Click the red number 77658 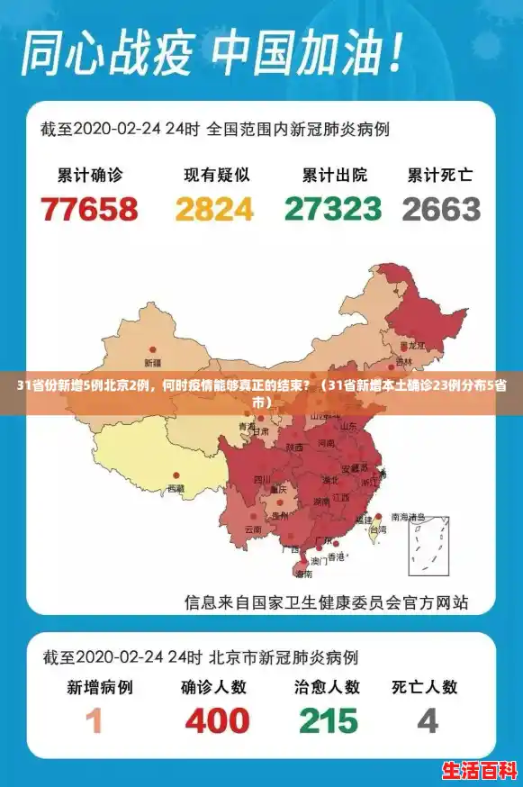click(x=90, y=209)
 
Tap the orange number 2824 click(x=214, y=209)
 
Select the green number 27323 click(x=333, y=209)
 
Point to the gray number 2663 click(x=441, y=209)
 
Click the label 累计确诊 click(x=90, y=175)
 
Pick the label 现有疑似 click(x=216, y=175)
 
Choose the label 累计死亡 click(x=440, y=175)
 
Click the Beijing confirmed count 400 click(x=217, y=721)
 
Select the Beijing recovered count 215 click(x=329, y=721)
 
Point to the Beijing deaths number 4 click(x=428, y=721)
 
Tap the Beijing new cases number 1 click(x=95, y=721)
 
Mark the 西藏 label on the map click(x=176, y=489)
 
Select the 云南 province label click(x=253, y=529)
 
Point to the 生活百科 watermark click(x=476, y=771)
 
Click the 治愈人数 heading click(x=327, y=687)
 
